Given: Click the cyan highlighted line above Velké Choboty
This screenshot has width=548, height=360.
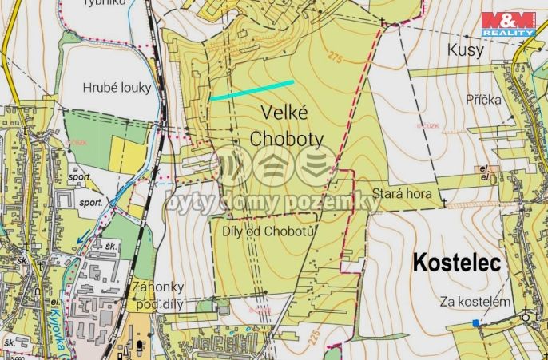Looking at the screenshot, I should (252, 89).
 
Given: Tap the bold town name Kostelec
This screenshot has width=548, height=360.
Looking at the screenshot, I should (457, 263).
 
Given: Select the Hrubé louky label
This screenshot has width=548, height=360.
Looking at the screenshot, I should (117, 88).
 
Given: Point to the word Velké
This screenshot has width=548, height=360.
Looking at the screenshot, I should (287, 114).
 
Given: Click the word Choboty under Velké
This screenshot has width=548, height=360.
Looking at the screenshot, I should (287, 139).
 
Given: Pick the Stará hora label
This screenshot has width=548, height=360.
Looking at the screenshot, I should (402, 194).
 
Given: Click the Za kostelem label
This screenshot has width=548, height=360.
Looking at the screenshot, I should (475, 302).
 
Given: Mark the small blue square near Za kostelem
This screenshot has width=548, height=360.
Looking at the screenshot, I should (476, 322).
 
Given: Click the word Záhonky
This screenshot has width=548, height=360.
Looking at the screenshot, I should (159, 287).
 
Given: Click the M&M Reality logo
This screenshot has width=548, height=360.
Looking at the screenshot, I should (508, 25).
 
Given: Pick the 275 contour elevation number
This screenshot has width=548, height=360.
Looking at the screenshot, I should (335, 57).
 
